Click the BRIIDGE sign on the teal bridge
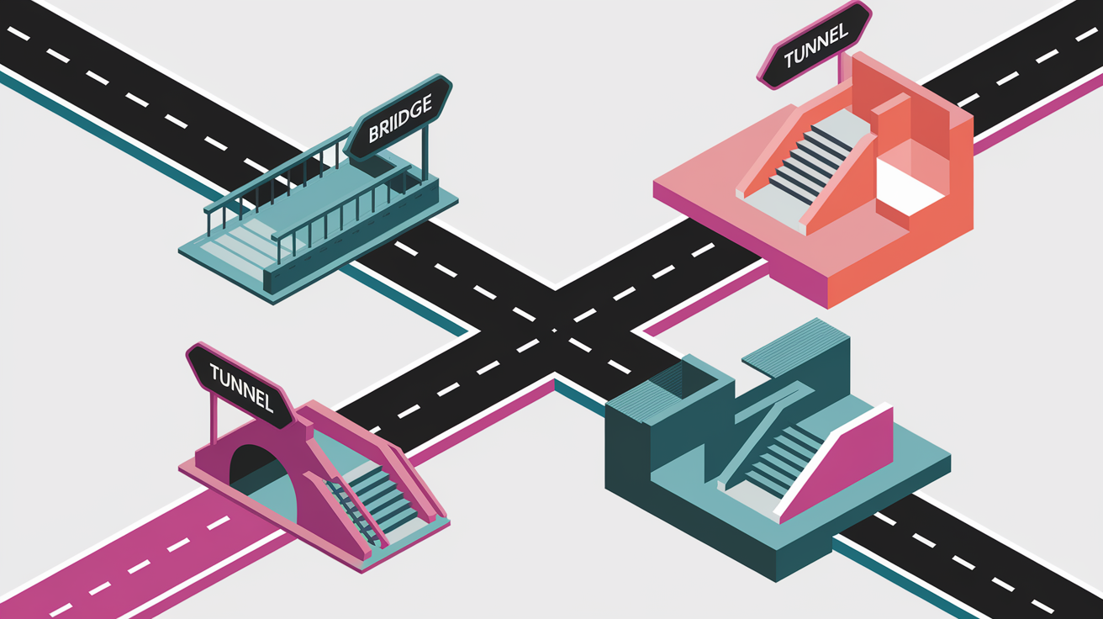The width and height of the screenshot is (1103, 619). pyautogui.click(x=398, y=119)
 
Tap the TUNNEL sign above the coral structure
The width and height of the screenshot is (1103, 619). pyautogui.click(x=815, y=45)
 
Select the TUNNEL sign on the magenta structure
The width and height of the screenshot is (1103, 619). pyautogui.click(x=241, y=386)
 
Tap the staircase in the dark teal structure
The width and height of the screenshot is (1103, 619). pyautogui.click(x=783, y=463)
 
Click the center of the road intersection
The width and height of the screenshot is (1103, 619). pyautogui.click(x=555, y=330)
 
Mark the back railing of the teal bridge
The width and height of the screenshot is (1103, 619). pyautogui.click(x=276, y=172)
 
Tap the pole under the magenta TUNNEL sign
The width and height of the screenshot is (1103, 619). pyautogui.click(x=214, y=418)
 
